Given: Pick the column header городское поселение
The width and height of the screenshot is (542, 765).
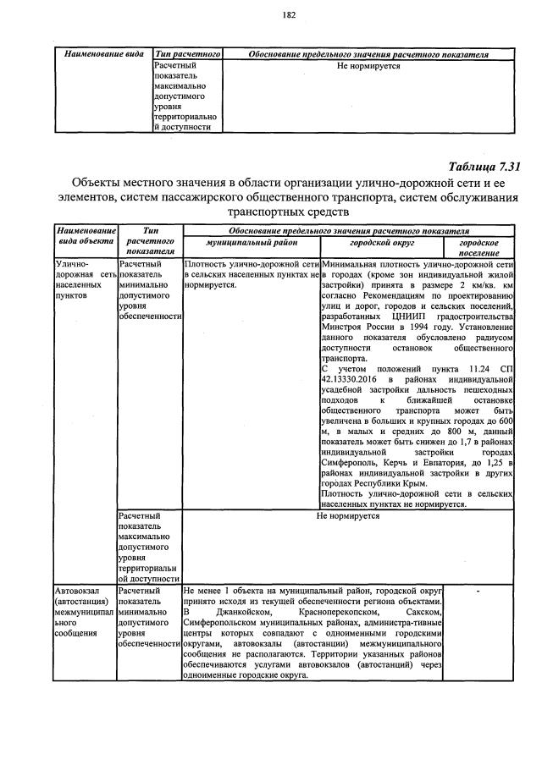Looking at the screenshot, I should click(x=479, y=246).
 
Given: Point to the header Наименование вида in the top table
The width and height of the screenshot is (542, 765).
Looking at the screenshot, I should click(x=104, y=54).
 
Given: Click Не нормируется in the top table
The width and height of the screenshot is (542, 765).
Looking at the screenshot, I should click(x=368, y=65).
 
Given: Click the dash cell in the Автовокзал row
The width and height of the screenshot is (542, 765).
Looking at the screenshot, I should click(x=479, y=592).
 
